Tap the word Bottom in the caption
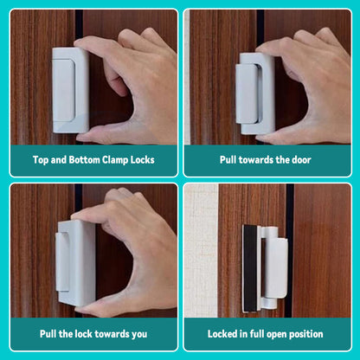(x=85, y=159)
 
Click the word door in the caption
(x=301, y=159)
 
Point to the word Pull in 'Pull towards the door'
(x=228, y=159)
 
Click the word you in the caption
(x=139, y=334)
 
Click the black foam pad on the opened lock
(x=250, y=268)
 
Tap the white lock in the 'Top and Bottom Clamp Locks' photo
(x=70, y=90)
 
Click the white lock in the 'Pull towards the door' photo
(x=255, y=93)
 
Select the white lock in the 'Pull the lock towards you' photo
(x=75, y=263)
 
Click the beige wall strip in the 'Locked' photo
(x=201, y=250)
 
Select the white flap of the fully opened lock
(x=275, y=268)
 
